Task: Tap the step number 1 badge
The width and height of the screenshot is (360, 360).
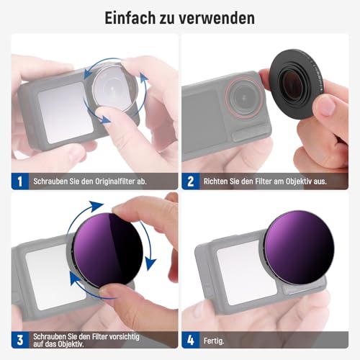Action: pos(20,181)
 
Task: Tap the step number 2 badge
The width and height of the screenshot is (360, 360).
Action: pos(191,181)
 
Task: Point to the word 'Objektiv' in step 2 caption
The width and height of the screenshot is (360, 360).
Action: pos(302,181)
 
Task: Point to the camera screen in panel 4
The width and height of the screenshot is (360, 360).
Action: pos(246,269)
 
